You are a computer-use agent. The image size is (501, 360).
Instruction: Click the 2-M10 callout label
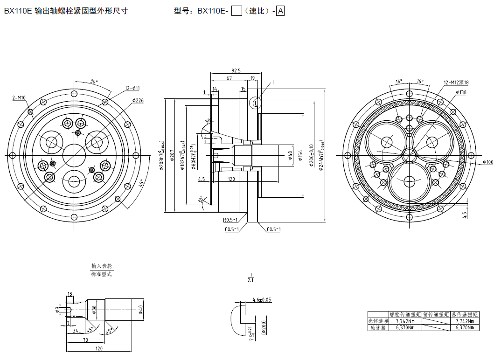click(19, 98)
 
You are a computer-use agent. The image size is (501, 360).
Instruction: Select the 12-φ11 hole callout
click(132, 88)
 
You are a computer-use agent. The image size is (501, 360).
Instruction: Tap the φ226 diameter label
click(138, 100)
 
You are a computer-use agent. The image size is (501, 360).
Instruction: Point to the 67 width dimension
click(229, 78)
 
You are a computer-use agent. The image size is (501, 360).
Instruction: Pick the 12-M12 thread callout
click(456, 83)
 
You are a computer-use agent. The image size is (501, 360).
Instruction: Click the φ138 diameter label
click(460, 92)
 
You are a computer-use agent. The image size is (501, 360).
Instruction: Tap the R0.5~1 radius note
click(230, 220)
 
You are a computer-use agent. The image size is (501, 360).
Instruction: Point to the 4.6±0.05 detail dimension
click(262, 299)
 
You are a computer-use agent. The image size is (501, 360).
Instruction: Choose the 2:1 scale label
click(250, 280)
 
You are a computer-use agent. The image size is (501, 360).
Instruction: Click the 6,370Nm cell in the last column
click(465, 328)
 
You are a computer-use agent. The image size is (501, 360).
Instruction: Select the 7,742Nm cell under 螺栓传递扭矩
click(405, 321)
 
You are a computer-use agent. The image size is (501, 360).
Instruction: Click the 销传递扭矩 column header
click(436, 315)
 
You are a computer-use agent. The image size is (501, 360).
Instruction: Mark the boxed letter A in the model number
click(280, 11)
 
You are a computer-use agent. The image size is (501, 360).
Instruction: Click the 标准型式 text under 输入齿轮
click(102, 274)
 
